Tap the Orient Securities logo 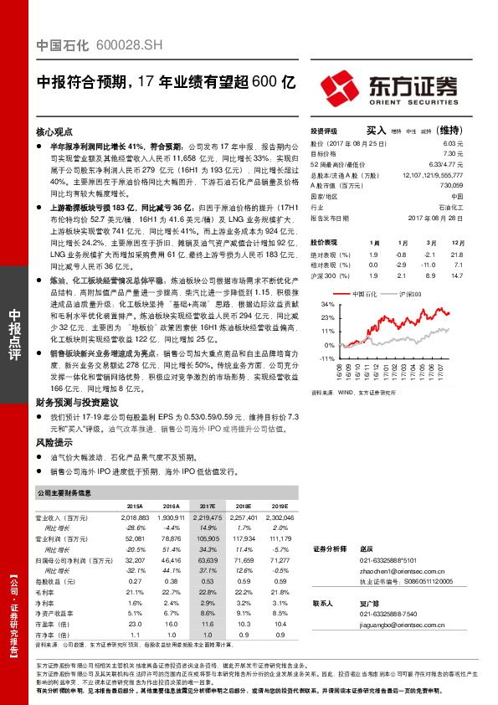[388, 86]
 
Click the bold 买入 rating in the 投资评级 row [377, 131]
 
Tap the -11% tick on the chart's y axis [326, 358]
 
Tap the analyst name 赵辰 [367, 548]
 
